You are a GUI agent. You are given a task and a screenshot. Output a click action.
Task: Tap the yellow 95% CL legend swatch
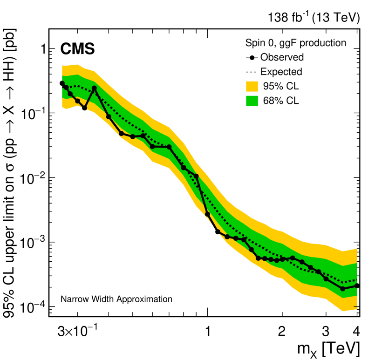pos(252,86)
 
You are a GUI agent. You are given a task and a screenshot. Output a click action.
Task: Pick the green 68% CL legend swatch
pos(252,100)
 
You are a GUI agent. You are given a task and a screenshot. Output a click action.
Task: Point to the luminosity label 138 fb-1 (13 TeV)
pos(314,18)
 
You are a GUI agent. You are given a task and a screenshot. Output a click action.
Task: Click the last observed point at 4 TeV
pos(357,285)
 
